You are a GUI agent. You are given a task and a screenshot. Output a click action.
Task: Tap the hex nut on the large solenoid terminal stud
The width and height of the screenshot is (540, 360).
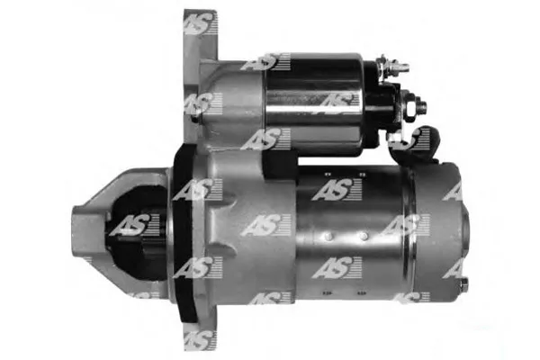409,107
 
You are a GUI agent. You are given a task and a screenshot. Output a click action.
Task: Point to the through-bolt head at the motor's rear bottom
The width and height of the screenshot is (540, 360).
463,283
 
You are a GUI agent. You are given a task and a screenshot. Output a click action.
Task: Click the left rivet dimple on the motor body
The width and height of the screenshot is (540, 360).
328,237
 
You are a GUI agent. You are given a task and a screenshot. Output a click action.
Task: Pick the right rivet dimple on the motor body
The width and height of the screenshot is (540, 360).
364,237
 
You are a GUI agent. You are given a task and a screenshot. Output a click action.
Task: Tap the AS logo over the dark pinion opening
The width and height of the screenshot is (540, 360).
134,225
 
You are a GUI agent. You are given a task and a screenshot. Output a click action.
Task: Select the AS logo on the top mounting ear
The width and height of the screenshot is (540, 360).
201,23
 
